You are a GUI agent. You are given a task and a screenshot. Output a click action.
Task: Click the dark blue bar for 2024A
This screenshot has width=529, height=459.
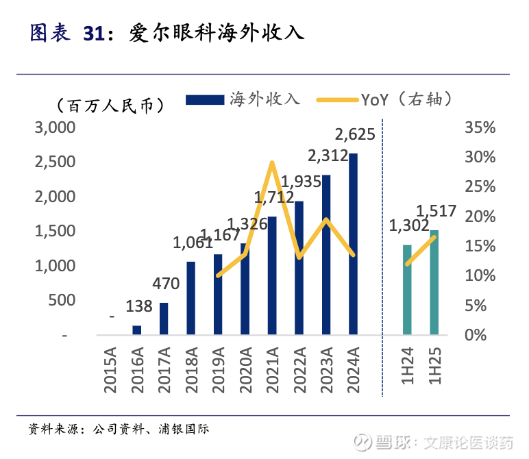(353, 245)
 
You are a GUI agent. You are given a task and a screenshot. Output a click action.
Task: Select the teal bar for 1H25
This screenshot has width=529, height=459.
(434, 282)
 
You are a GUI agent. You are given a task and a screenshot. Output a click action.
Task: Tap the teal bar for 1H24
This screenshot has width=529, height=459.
(407, 290)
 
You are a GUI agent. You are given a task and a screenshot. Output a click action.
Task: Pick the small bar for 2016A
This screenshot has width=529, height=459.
(136, 330)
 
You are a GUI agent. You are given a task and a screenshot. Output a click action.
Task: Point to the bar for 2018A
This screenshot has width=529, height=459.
(190, 298)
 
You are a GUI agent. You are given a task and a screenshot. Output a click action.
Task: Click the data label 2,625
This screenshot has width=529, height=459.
(354, 134)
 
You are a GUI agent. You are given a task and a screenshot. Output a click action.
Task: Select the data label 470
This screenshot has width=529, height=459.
(164, 282)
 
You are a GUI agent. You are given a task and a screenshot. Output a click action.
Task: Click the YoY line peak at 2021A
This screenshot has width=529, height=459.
(272, 163)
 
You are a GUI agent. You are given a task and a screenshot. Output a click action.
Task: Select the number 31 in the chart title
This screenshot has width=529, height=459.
(97, 33)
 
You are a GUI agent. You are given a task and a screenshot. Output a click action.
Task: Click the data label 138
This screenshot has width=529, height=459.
(139, 306)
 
